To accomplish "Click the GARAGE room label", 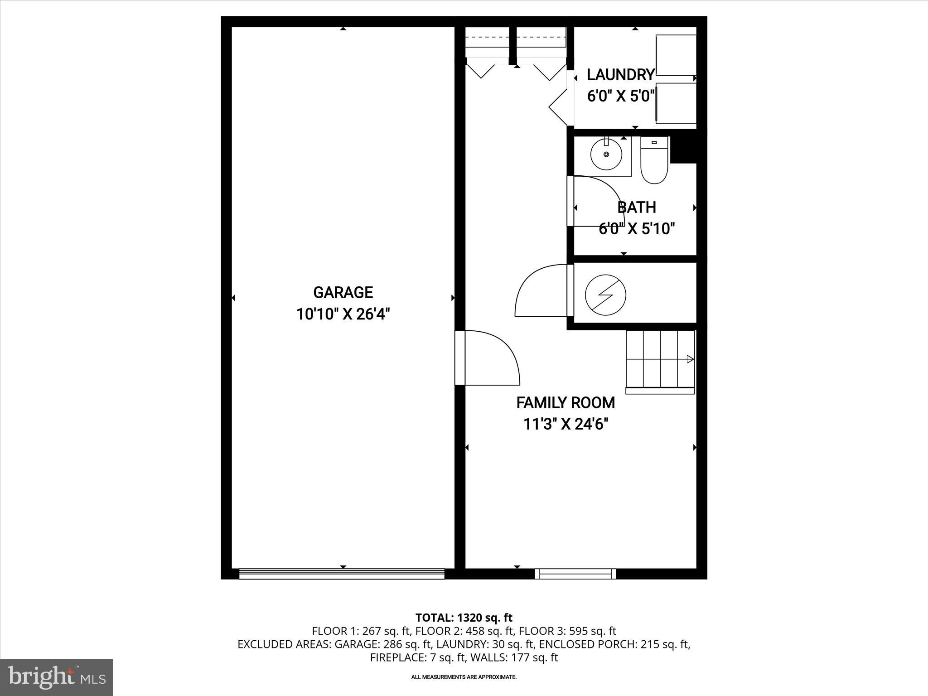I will (x=343, y=292).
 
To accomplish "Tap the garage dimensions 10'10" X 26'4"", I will (x=343, y=314).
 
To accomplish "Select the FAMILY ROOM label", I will (x=565, y=402).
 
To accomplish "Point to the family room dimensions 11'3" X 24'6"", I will (x=565, y=424).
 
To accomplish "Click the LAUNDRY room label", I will (x=621, y=74).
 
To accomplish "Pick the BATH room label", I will (x=637, y=207).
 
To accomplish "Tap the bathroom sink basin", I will (x=606, y=155).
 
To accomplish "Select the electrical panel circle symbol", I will (x=605, y=295).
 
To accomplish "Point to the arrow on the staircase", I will (x=690, y=359).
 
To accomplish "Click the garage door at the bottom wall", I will (x=342, y=575).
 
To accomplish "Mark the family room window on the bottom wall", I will (x=575, y=574).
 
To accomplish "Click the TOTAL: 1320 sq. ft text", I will (x=464, y=617).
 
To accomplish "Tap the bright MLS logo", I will (x=57, y=677).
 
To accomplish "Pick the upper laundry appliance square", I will (x=676, y=55).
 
